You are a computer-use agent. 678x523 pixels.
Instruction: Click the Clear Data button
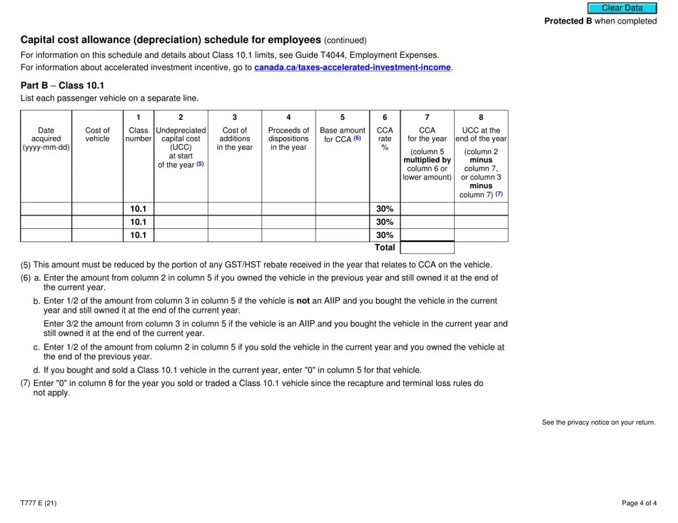point(622,8)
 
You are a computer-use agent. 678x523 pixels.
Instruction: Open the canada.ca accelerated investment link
point(353,68)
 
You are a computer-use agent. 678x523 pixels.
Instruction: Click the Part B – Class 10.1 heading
point(62,85)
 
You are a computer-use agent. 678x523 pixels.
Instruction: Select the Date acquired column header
point(46,139)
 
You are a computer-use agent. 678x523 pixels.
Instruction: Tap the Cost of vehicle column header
point(97,135)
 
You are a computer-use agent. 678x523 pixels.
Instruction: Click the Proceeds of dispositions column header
point(288,139)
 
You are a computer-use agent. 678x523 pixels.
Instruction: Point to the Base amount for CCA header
point(342,135)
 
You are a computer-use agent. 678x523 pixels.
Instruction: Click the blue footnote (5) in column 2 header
point(200,164)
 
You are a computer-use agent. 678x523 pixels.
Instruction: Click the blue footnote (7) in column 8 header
point(499,194)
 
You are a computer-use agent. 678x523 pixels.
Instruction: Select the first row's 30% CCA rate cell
point(385,209)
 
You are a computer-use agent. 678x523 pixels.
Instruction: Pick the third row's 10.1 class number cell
point(138,235)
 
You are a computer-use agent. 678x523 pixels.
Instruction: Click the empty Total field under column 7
point(427,248)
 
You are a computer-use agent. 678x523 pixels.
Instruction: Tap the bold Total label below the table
point(385,248)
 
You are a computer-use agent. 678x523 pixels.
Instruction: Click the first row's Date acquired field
point(46,209)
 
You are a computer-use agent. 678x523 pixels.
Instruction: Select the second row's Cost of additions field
point(234,222)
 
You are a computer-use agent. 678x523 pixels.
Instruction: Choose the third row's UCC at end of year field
point(481,235)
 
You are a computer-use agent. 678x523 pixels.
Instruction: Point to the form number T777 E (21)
point(39,503)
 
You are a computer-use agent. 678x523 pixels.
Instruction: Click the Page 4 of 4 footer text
point(638,503)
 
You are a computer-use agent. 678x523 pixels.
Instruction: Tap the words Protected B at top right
point(568,21)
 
